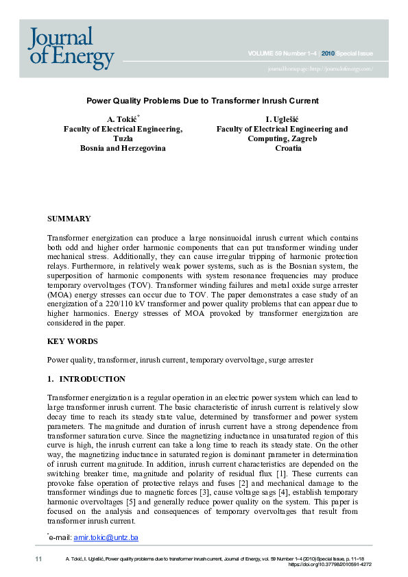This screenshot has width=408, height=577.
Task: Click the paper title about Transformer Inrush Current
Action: coord(202,101)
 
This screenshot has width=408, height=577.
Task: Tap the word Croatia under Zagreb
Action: coord(288,148)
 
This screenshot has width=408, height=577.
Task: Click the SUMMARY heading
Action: coord(69,219)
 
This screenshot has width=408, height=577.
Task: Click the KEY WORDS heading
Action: coord(72,341)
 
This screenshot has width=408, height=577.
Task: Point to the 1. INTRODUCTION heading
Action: coord(86,379)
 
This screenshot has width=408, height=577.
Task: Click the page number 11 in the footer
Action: coord(38,560)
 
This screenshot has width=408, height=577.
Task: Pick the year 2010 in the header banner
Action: coord(328,53)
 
